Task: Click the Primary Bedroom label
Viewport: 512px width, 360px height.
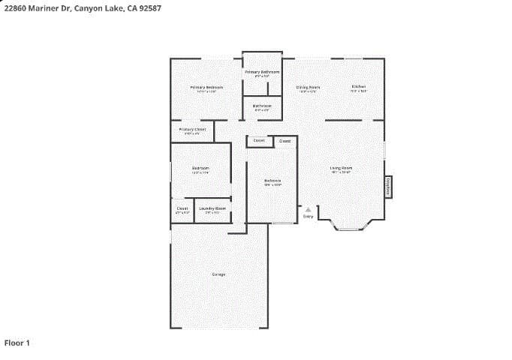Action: [206, 87]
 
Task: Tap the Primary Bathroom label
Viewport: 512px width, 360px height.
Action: [262, 72]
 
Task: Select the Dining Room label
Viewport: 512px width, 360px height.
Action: [308, 87]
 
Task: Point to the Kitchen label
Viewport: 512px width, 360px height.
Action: [359, 86]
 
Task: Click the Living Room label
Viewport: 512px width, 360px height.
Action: [341, 167]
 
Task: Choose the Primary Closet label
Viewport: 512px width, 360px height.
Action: [192, 129]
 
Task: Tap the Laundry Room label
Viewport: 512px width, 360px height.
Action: [212, 208]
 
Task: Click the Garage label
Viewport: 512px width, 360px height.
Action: [218, 274]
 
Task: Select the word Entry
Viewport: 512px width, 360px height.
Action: [308, 217]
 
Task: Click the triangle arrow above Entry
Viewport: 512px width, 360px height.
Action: [308, 209]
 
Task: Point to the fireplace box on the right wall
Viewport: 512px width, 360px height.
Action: [388, 186]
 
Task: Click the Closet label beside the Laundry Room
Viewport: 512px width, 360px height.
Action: [182, 208]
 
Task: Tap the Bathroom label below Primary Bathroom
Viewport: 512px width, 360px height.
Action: [262, 106]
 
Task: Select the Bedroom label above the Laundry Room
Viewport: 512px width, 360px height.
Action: [200, 168]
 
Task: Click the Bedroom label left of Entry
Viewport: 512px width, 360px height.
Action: [273, 180]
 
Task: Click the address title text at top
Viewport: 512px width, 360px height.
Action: [82, 7]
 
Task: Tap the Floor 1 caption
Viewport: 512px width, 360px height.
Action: [17, 343]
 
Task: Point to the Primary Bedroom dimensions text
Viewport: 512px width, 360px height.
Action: [206, 91]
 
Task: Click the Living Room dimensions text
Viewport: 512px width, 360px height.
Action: [341, 172]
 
